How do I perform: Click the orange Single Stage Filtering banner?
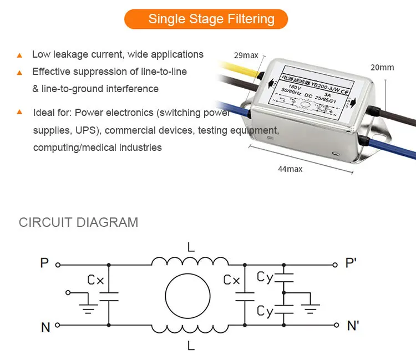[206, 19]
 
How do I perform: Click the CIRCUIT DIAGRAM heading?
[78, 222]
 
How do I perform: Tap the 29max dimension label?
[246, 55]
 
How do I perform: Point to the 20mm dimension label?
[382, 67]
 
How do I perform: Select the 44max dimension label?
[290, 168]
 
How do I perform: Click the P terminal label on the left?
[44, 263]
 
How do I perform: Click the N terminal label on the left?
[45, 327]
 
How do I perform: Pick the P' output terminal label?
[351, 263]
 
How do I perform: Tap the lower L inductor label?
[191, 345]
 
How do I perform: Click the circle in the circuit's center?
[189, 295]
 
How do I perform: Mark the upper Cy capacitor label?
[265, 277]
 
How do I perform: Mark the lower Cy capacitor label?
[265, 312]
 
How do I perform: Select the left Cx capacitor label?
[95, 281]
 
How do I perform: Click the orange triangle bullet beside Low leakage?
[19, 55]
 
